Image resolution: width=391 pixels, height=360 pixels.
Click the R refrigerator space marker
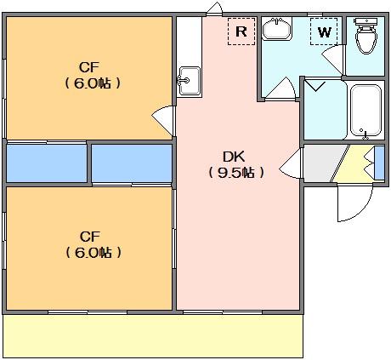(x=241, y=31)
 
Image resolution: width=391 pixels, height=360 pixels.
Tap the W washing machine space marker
(x=324, y=31)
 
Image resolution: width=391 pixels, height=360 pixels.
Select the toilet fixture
(x=365, y=36)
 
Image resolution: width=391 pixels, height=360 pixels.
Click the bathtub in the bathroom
(x=365, y=111)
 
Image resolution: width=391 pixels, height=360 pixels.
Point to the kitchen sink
(x=190, y=81)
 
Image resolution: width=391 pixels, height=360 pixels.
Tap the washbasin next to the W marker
(x=277, y=29)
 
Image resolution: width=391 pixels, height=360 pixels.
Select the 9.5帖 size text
(x=236, y=173)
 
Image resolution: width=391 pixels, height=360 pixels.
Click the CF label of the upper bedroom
(x=89, y=67)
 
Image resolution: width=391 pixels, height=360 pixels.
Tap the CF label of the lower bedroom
(x=90, y=237)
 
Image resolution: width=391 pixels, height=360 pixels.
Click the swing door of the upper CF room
(x=163, y=120)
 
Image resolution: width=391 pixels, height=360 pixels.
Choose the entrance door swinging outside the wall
(x=354, y=203)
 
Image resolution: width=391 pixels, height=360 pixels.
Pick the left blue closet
(x=47, y=163)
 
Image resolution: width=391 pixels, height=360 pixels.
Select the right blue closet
(x=132, y=163)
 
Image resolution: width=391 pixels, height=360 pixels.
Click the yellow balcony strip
(x=153, y=336)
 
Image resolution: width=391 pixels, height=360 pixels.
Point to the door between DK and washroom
(x=280, y=89)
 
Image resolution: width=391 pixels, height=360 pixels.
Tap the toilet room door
(x=333, y=59)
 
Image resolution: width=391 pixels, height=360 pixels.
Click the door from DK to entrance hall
(x=291, y=163)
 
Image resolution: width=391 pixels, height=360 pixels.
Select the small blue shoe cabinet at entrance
(x=380, y=163)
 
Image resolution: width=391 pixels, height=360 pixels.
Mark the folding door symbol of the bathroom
(x=316, y=86)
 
